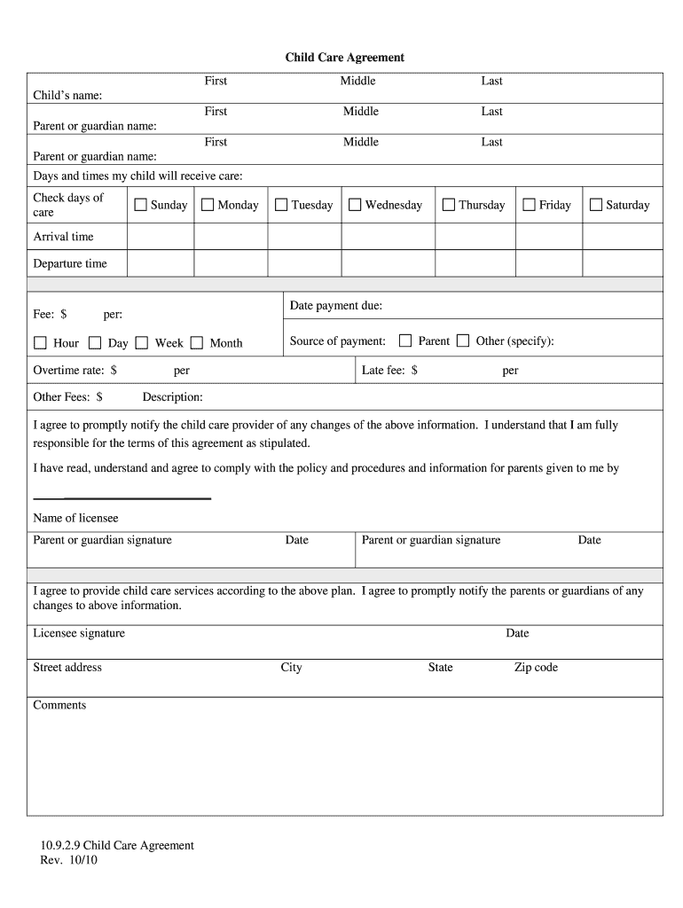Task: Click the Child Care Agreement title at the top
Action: (x=344, y=57)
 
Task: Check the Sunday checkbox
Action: (x=140, y=205)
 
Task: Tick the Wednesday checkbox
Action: (x=355, y=205)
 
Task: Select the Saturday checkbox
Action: (x=596, y=205)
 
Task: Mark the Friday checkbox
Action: (x=529, y=205)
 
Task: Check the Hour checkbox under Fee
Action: (x=40, y=343)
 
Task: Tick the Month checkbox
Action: (x=196, y=343)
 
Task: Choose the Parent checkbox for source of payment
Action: (x=405, y=340)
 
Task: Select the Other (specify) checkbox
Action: (x=463, y=340)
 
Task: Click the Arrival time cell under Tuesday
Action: (x=304, y=237)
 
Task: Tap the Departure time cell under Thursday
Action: (x=475, y=263)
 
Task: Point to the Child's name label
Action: (x=67, y=95)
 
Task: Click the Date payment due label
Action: (x=336, y=306)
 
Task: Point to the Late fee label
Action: (x=389, y=370)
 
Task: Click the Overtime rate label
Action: (x=75, y=370)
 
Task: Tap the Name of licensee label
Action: (x=75, y=518)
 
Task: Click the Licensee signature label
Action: (x=79, y=633)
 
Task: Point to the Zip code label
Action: (x=536, y=667)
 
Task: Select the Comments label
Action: (x=59, y=705)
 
